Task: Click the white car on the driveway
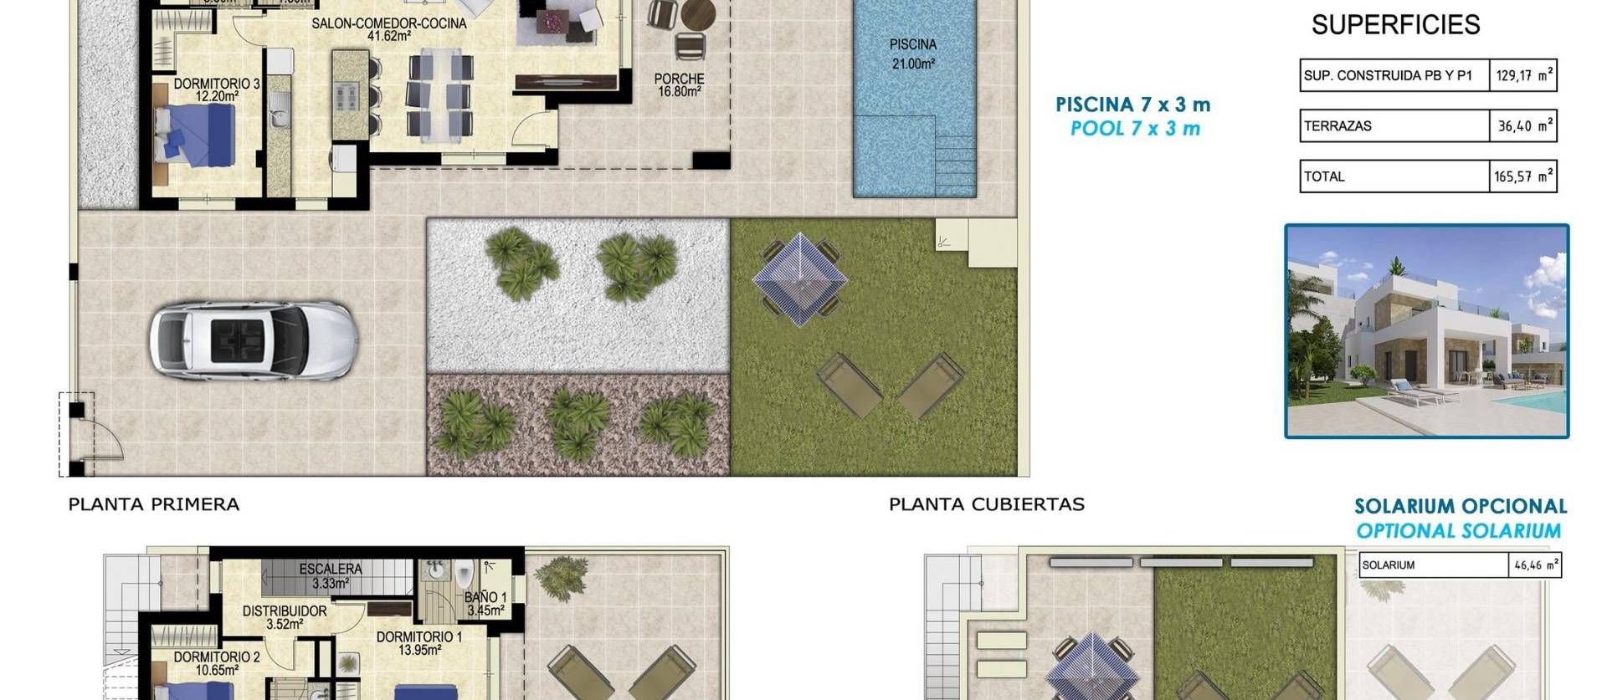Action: coord(254,340)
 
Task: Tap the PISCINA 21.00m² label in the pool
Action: coord(912,54)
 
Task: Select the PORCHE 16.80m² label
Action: coord(679,84)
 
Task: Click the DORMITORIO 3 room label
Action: coord(217,89)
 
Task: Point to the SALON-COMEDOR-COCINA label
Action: coord(389,28)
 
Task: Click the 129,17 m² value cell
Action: coord(1522,75)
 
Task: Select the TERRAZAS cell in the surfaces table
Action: coord(1394,126)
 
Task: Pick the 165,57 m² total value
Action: coord(1522,176)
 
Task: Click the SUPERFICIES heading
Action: coord(1395,25)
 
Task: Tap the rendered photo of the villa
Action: coord(1426,331)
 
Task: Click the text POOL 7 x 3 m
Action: coord(1135,129)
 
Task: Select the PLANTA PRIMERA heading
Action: coord(154,504)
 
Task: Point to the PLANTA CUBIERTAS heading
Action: coord(986,504)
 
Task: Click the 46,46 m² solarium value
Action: coord(1535,565)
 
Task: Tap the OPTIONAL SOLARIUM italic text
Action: coord(1458,531)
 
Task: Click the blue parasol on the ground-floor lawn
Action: coord(799,279)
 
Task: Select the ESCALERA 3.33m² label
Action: coord(331,575)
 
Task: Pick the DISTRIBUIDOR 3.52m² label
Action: coord(285,617)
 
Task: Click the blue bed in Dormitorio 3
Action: coord(201,134)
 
